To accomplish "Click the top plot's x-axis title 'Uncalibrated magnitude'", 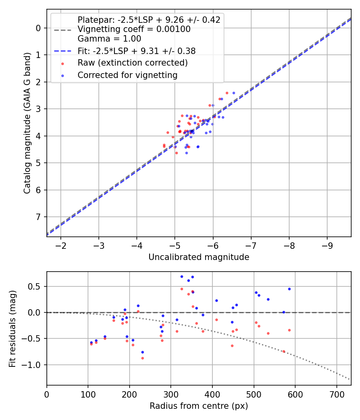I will [199, 257].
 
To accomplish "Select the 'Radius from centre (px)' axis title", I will [199, 406].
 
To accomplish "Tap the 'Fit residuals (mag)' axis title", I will [13, 328].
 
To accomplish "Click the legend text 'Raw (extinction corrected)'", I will [132, 63].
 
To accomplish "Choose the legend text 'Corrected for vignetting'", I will [128, 75].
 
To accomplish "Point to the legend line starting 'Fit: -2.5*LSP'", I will [136, 51].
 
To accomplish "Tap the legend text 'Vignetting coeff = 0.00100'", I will [134, 29].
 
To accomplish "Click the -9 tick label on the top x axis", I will [327, 245].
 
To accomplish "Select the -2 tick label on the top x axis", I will [61, 245].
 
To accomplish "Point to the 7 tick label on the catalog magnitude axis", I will [38, 217].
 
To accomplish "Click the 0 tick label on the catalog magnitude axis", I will [38, 28].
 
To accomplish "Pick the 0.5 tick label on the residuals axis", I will [36, 286].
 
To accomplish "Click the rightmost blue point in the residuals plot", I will [289, 289].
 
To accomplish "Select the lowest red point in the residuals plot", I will [142, 358].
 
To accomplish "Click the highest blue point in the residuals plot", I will [182, 276].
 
